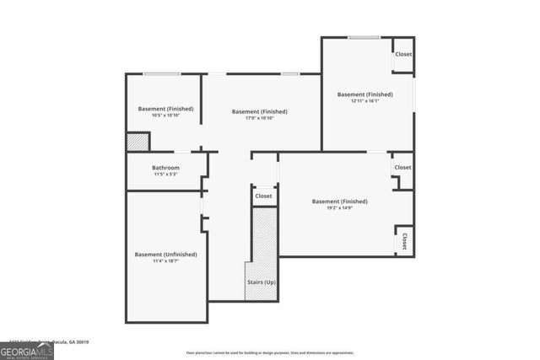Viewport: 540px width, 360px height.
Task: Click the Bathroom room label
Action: (165, 168)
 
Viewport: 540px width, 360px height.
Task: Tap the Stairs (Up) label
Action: (261, 282)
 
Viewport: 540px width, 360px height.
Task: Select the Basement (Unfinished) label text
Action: (165, 255)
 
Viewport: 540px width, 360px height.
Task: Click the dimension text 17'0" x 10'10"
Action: (259, 118)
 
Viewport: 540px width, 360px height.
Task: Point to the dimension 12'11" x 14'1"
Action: (364, 101)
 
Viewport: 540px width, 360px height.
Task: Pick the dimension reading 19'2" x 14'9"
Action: (339, 208)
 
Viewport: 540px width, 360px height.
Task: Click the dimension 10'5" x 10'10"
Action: (165, 116)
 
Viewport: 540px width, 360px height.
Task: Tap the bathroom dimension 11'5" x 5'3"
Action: (165, 175)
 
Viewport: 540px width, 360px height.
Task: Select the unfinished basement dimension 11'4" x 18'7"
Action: (165, 261)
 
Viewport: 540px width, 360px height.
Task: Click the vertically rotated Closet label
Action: (404, 241)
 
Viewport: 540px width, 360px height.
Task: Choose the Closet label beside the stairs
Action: (263, 196)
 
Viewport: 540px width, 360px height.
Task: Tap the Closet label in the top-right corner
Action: (403, 55)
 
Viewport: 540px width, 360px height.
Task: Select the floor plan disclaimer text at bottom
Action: (269, 352)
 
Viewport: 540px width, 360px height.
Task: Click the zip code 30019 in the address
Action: (81, 342)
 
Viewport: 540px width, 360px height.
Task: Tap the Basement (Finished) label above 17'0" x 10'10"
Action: (259, 111)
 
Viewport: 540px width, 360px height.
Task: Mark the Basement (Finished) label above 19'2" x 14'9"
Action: (339, 201)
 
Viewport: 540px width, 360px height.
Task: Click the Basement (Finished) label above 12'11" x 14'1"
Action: (364, 94)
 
